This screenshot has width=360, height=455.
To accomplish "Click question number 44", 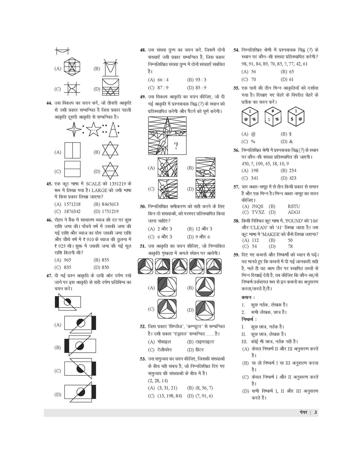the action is [x=49, y=103].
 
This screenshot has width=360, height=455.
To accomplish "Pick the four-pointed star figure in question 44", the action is [x=74, y=129].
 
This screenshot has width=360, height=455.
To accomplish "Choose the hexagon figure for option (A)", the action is [x=72, y=67].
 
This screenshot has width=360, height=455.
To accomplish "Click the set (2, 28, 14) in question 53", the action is [x=158, y=381].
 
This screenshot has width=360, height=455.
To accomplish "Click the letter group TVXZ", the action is [x=258, y=212].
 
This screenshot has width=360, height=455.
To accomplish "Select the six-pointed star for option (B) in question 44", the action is [x=110, y=151].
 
